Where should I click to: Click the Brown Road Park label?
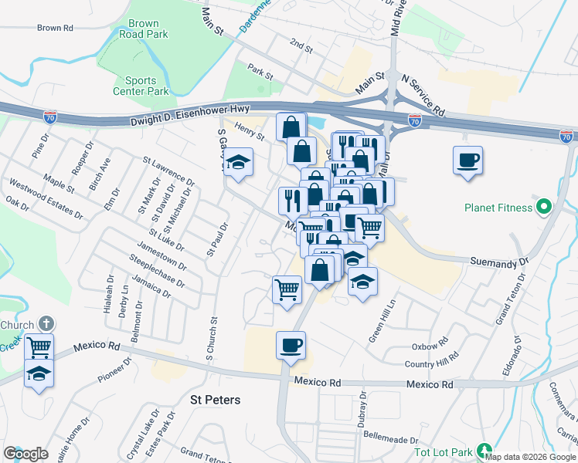click(144, 30)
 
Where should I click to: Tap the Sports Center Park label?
click(147, 86)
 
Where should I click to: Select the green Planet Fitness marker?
click(543, 207)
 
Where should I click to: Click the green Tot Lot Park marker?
click(484, 450)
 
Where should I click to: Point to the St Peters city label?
click(216, 400)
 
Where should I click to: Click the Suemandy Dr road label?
click(499, 262)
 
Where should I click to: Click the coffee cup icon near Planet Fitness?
click(467, 161)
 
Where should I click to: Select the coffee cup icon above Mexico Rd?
click(291, 345)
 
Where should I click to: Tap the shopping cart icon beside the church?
click(39, 346)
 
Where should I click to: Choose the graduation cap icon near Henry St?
click(239, 162)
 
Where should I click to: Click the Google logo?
click(25, 454)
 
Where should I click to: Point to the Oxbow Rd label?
click(430, 343)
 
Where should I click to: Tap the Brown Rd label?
click(55, 29)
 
